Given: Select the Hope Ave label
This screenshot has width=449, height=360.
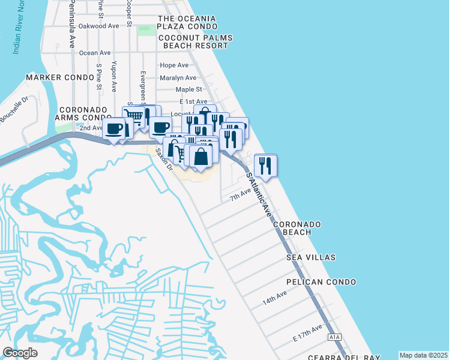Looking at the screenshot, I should pos(174,65).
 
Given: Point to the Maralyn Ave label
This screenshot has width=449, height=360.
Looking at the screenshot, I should pos(178,78).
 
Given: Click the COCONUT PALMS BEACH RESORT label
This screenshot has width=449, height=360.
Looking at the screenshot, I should pos(194,41).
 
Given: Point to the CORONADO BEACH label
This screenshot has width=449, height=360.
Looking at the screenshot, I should pos(297,228).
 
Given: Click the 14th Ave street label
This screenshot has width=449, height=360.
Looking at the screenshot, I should pos(275,299).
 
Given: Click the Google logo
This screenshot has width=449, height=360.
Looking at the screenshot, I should pos(20,353).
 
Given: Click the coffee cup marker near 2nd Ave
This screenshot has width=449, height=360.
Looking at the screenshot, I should pos(113,129).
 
